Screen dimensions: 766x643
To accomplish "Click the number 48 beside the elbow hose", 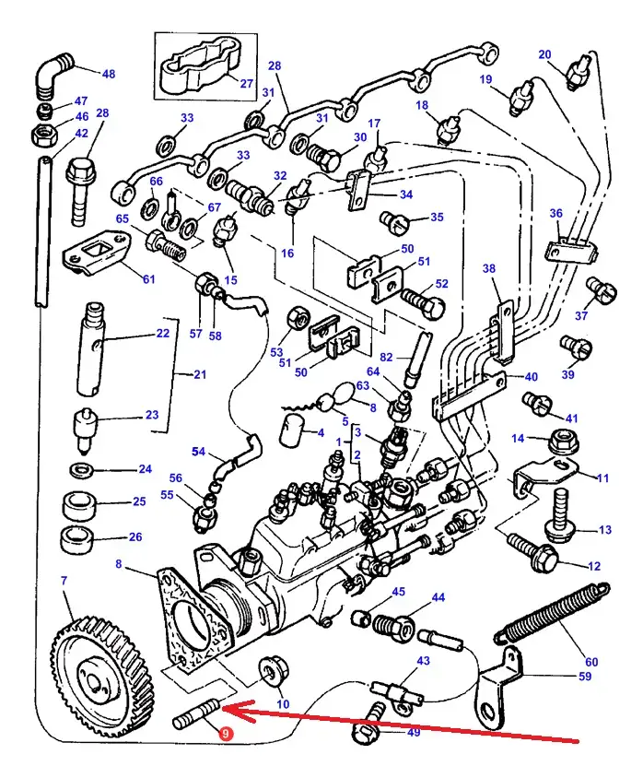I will (109, 74).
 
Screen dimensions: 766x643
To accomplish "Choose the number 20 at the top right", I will (571, 53).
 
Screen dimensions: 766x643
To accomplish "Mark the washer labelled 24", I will (82, 472).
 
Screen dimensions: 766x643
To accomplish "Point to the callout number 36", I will (555, 214).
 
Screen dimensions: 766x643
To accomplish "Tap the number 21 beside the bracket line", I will (199, 374).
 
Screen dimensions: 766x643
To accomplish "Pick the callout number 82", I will (387, 357).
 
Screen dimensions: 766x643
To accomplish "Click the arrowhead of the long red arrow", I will (230, 711).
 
